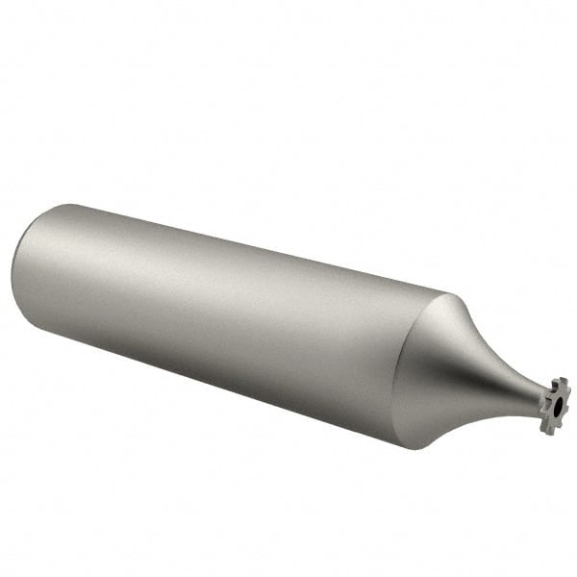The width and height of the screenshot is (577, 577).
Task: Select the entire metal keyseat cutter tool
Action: click(288, 327)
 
